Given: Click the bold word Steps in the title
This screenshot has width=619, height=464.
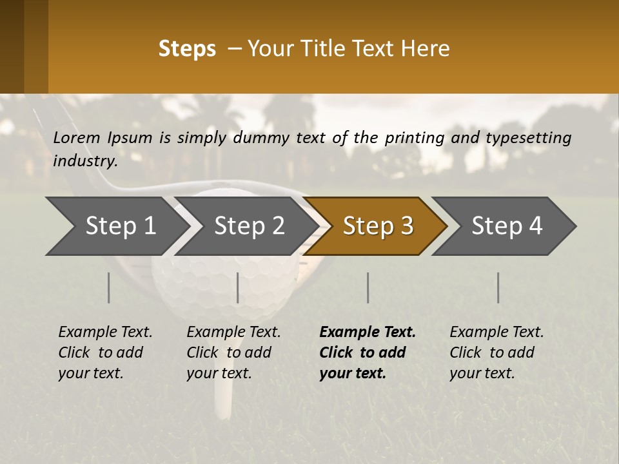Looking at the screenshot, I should coord(187,49).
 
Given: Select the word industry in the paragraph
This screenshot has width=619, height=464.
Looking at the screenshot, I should coord(85,161).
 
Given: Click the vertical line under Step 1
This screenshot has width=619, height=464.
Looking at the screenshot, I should coord(108,287).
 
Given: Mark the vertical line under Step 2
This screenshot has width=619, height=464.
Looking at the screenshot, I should coord(238,287).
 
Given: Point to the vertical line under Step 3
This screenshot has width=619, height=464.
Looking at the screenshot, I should coord(368,287).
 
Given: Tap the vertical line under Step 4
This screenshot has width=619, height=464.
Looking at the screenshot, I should coord(498,287).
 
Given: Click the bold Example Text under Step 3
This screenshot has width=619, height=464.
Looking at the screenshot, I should coord(368,333).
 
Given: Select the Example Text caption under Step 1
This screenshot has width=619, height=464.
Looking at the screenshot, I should coord(105,333).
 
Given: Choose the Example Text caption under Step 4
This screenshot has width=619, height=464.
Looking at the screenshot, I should coord(496,333).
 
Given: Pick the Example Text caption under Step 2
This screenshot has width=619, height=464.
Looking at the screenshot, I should coord(233,333).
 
